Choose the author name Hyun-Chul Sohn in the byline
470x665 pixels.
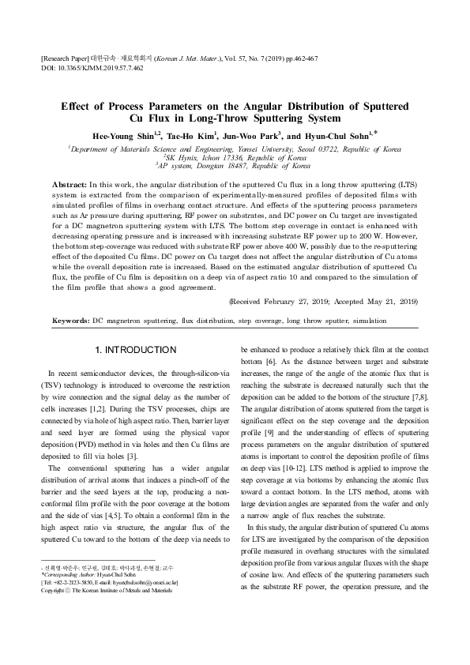pyautogui.click(x=342, y=135)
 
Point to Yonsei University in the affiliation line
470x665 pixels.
pyautogui.click(x=292, y=148)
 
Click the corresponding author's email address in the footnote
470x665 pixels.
pyautogui.click(x=151, y=582)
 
